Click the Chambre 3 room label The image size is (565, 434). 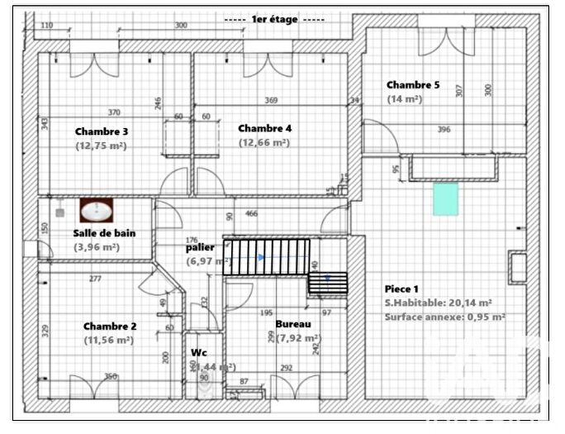point(101,131)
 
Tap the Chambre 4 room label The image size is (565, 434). point(264,128)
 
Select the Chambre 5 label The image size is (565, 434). point(413,84)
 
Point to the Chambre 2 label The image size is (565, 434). point(109,326)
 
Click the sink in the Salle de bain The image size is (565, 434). point(97,212)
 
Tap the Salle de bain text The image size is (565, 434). point(104,233)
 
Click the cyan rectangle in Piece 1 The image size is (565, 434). point(445,199)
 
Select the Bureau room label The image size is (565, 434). point(293,324)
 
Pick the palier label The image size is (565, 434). point(200,247)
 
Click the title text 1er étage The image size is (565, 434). point(277,18)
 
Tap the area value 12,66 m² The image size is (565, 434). point(264,142)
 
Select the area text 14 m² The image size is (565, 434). point(405,98)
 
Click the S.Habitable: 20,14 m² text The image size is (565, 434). point(439,303)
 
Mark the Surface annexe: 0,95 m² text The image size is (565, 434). point(444,316)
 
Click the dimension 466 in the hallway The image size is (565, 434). point(252,213)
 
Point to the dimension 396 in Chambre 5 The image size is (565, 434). point(444,130)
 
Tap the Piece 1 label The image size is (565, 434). point(401,289)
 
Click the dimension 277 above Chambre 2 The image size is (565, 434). point(95,279)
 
